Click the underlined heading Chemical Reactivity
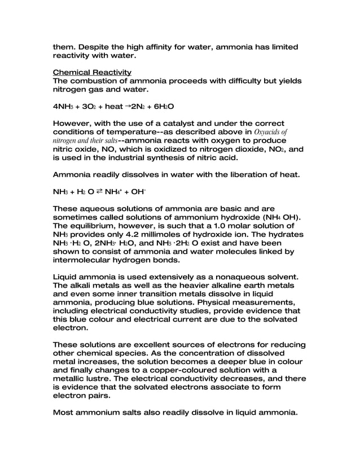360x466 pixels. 92,73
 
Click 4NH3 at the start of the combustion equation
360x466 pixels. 62,106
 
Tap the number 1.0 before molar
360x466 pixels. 223,225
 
